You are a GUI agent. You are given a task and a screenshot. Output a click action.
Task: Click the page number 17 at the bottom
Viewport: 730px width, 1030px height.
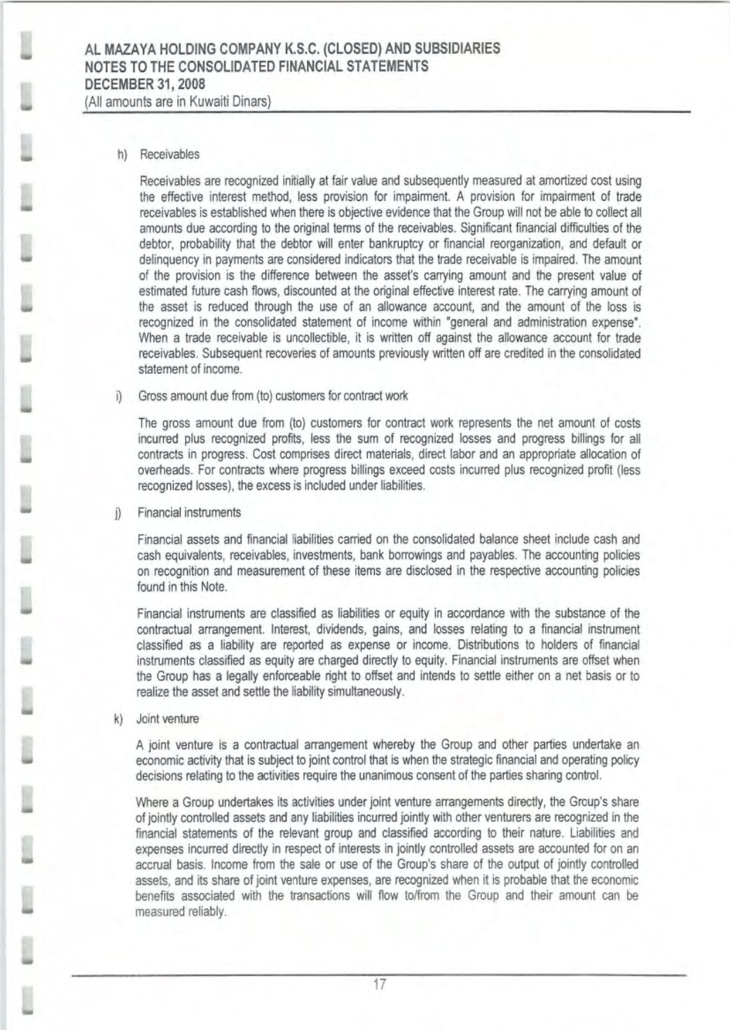[x=379, y=984]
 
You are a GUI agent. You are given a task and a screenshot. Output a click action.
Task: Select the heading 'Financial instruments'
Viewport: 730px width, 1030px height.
[x=189, y=512]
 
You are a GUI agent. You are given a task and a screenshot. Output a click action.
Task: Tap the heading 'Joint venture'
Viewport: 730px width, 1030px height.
[x=167, y=718]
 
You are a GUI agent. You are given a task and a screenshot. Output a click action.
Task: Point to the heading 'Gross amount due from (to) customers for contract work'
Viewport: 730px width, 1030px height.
[x=273, y=396]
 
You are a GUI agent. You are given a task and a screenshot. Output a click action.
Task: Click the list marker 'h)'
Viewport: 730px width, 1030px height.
[x=122, y=154]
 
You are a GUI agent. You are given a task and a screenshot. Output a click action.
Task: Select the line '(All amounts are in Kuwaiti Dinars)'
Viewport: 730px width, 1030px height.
[x=177, y=101]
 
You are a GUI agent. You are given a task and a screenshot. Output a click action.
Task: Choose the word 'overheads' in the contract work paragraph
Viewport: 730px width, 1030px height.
[x=163, y=470]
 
